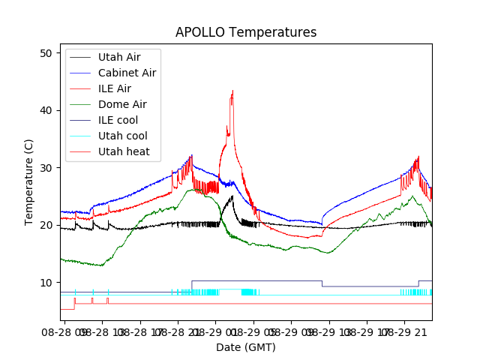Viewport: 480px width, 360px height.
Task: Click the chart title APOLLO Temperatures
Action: (246, 32)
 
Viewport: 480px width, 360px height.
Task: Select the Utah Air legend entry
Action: (119, 57)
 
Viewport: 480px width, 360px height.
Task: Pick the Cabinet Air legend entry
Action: (127, 73)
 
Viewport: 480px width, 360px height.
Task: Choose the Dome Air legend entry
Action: (122, 104)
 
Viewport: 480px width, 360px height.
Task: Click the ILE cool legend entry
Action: (118, 120)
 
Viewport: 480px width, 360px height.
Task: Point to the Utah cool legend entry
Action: (122, 136)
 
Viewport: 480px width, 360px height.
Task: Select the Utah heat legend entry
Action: (124, 151)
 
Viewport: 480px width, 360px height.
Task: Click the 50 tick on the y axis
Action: (45, 53)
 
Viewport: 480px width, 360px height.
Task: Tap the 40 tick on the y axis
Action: (45, 110)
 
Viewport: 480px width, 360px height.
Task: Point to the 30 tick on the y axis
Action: (45, 168)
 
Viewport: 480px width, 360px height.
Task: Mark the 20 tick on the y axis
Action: (45, 225)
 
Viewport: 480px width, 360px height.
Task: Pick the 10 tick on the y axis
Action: (45, 283)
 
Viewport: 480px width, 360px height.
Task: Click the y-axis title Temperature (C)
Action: (29, 182)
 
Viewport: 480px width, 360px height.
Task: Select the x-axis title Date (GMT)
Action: (246, 347)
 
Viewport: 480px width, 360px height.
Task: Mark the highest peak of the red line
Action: (232, 91)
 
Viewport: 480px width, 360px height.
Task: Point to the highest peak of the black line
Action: (232, 196)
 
